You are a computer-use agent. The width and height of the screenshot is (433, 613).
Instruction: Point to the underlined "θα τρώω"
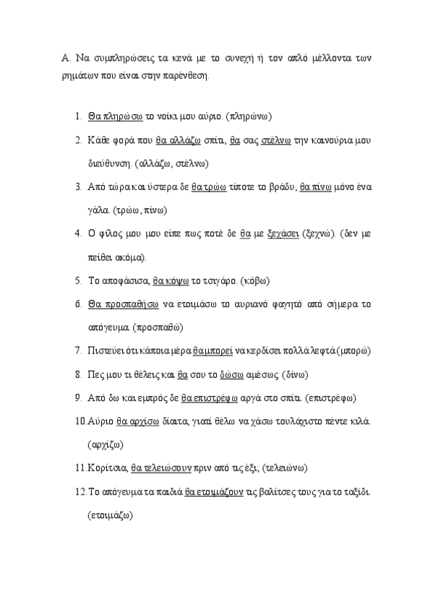pyautogui.click(x=209, y=187)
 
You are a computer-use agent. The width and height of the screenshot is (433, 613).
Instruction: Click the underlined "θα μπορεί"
pyautogui.click(x=212, y=351)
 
